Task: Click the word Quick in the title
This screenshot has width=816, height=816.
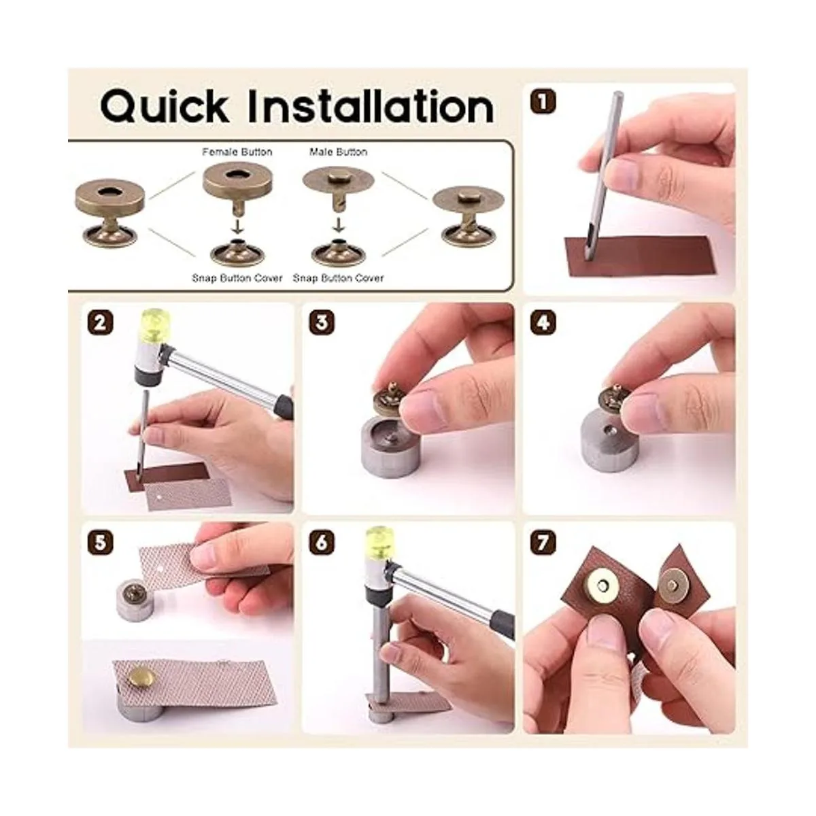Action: tap(165, 106)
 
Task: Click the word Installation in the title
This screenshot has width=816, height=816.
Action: tap(371, 106)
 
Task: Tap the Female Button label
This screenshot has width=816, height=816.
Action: tap(237, 152)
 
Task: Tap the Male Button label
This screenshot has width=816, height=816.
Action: tap(338, 152)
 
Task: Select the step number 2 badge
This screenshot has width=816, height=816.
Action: tap(101, 323)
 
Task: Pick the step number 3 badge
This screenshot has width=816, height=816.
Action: tap(322, 323)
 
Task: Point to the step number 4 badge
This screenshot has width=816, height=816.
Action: tap(543, 323)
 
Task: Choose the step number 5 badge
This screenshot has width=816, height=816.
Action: tap(101, 542)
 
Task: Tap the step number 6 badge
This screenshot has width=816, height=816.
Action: tap(322, 542)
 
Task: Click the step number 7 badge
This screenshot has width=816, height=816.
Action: tap(543, 542)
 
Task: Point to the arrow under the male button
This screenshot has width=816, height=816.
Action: tap(338, 225)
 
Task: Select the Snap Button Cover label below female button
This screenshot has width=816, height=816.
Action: tap(237, 278)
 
